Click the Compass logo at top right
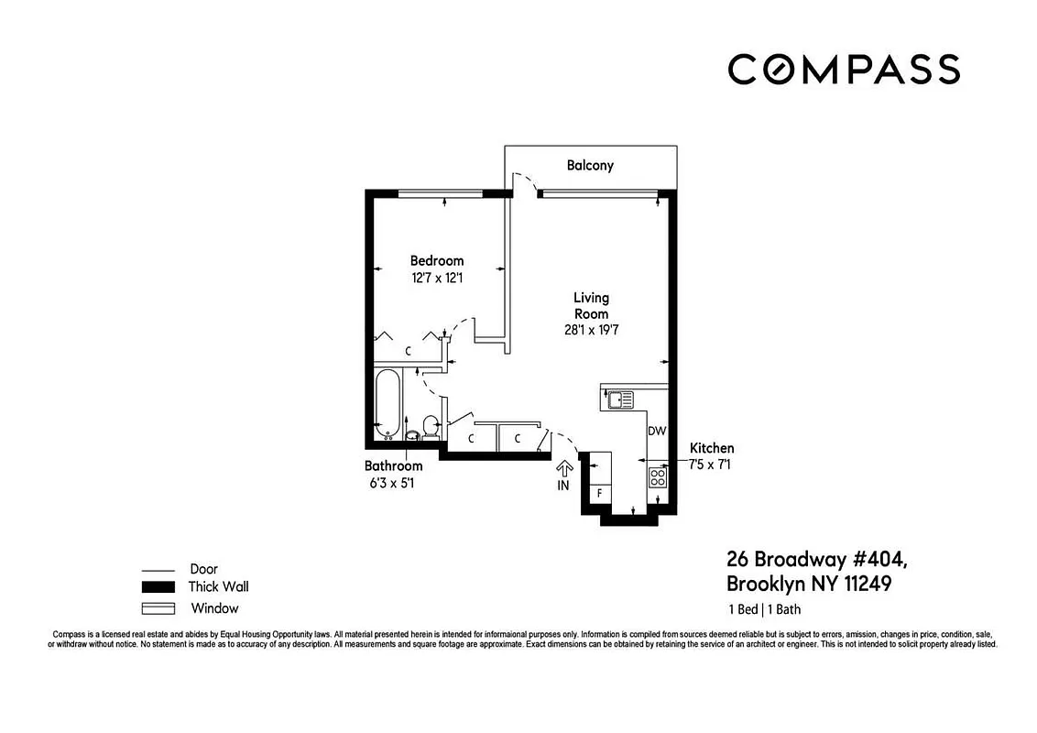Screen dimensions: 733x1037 click(x=844, y=70)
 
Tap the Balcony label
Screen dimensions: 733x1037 click(x=590, y=166)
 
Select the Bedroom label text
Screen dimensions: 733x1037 click(x=436, y=261)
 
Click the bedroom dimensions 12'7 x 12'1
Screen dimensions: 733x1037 click(x=436, y=277)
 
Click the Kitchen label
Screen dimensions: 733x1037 click(x=712, y=448)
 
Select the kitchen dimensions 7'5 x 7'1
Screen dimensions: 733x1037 click(x=710, y=465)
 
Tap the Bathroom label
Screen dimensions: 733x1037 click(x=393, y=465)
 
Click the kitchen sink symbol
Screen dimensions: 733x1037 click(x=620, y=399)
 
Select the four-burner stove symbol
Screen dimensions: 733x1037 click(x=658, y=476)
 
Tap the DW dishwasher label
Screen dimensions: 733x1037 click(x=656, y=431)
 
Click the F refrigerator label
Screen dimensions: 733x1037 click(x=600, y=493)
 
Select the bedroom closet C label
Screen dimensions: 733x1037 click(x=409, y=351)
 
